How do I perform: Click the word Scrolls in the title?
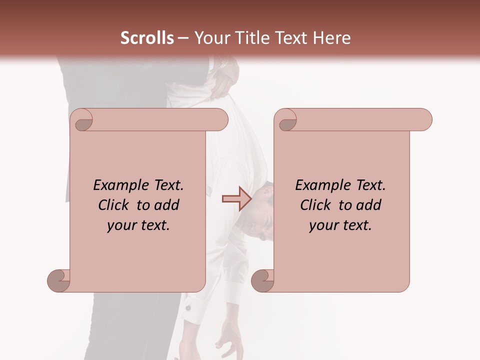click(x=147, y=38)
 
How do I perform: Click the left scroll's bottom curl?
click(x=59, y=280)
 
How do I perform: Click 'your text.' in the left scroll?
click(x=138, y=225)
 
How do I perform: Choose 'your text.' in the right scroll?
click(x=340, y=225)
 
